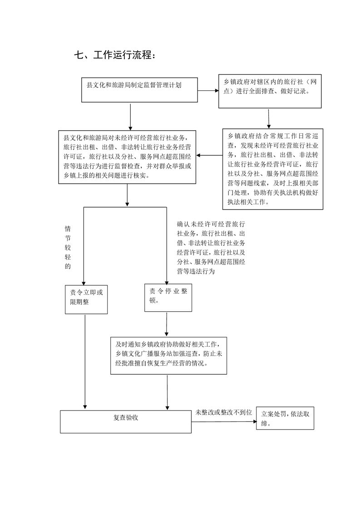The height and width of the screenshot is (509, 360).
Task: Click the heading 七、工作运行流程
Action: [115, 55]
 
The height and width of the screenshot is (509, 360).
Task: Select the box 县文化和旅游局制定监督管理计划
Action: [139, 90]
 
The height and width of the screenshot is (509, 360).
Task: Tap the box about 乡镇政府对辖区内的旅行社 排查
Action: [270, 91]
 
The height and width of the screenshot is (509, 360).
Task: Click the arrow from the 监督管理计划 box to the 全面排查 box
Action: [208, 91]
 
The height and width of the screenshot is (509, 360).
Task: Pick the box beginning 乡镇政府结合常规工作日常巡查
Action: [272, 169]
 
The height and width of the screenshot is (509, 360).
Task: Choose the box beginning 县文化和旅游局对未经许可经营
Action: [127, 157]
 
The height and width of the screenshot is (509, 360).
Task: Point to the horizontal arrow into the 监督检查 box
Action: [210, 156]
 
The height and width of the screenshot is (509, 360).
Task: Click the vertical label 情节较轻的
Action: [68, 247]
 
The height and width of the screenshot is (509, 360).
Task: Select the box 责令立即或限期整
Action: [86, 299]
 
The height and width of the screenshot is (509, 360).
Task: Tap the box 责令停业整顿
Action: [168, 298]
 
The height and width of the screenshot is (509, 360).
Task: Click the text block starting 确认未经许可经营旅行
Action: [211, 247]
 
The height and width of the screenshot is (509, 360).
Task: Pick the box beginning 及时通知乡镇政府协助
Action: [168, 356]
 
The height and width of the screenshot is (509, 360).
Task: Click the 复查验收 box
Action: [126, 421]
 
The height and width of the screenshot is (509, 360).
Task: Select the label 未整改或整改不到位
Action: [223, 412]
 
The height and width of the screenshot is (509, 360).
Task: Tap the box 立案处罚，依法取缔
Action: [285, 418]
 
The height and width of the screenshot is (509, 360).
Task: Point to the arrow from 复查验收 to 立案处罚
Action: [224, 422]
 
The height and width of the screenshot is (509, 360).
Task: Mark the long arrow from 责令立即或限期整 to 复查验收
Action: [85, 362]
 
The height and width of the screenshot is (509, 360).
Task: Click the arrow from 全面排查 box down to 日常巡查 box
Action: [269, 119]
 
